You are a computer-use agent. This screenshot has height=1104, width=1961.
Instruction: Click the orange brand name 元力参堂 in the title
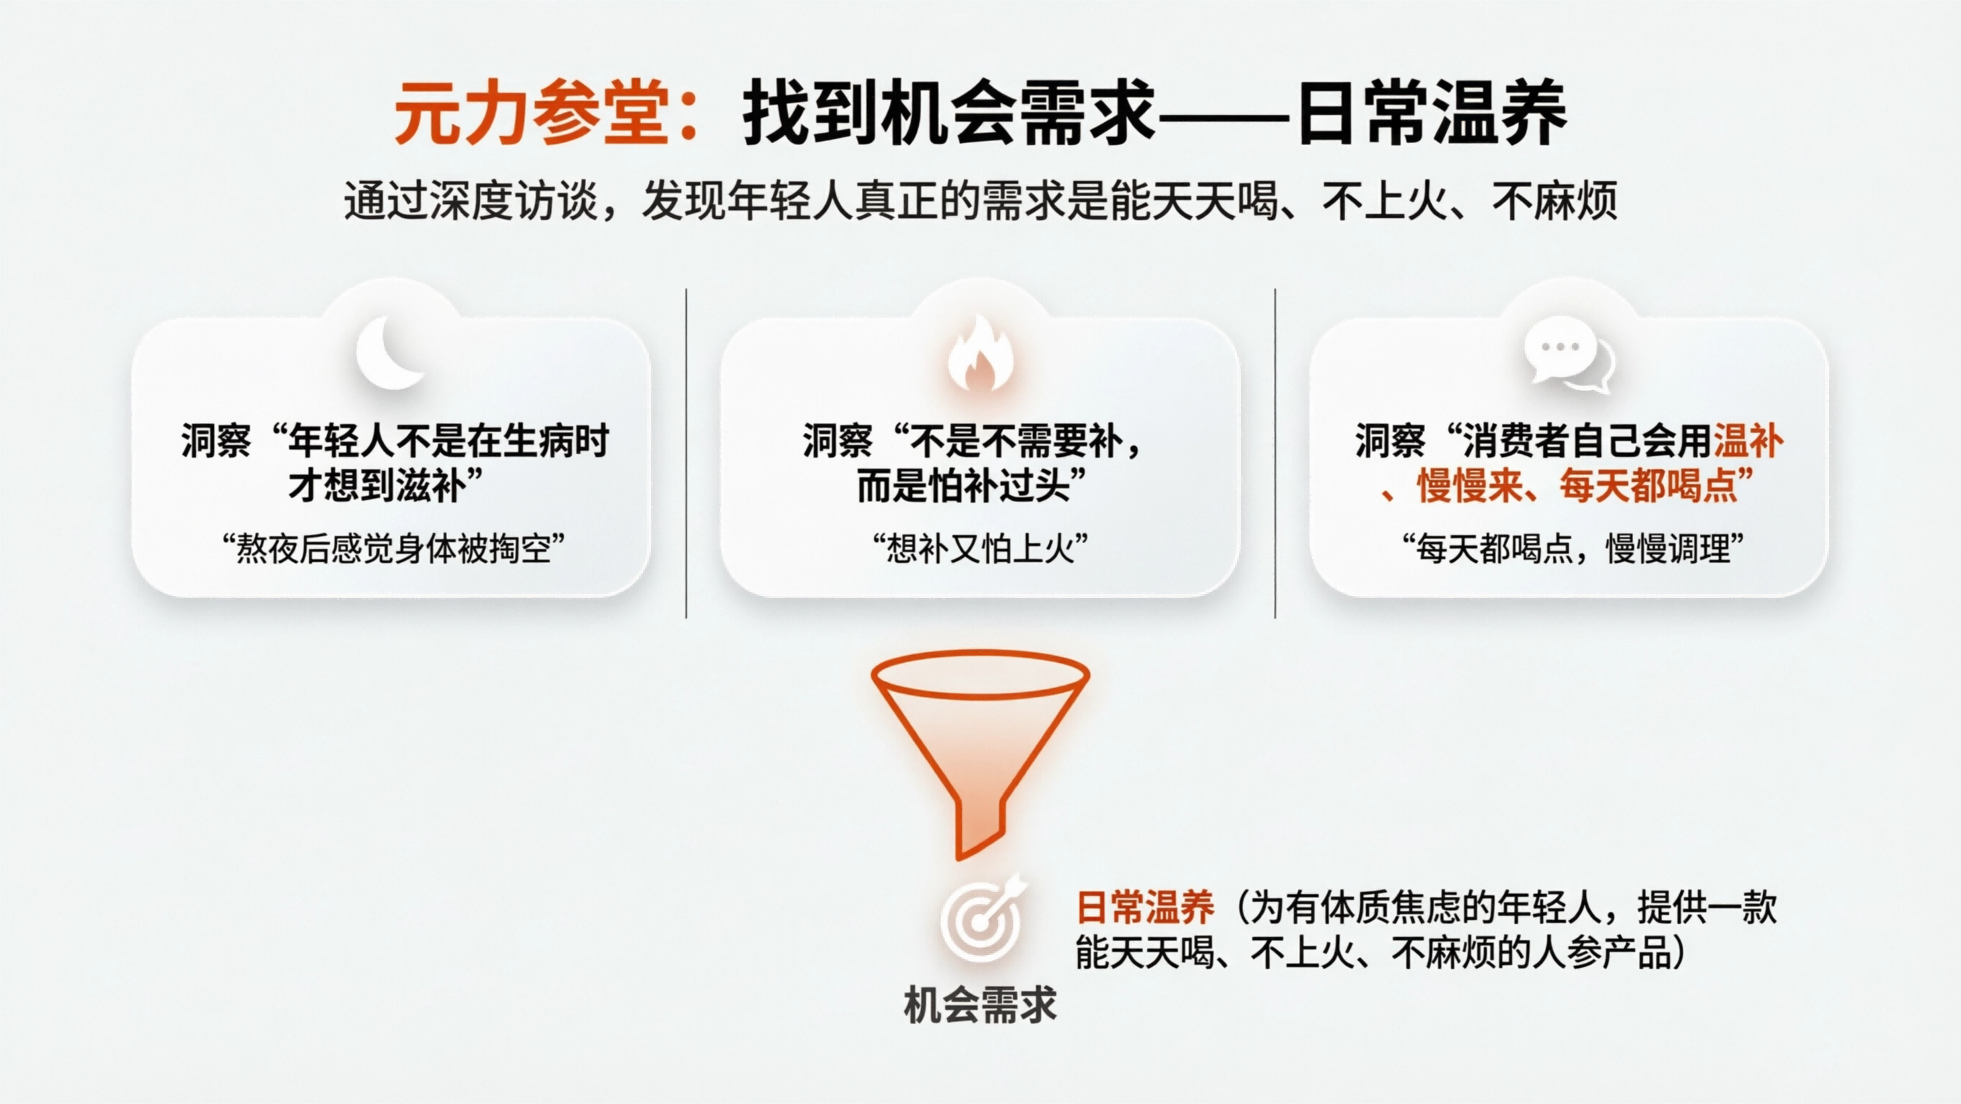pyautogui.click(x=531, y=114)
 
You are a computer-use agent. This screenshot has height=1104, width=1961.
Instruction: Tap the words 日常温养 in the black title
pyautogui.click(x=1431, y=114)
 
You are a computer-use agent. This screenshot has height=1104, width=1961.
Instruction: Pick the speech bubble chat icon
pyautogui.click(x=1568, y=355)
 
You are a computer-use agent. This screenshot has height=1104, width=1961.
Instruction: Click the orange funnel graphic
pyautogui.click(x=980, y=746)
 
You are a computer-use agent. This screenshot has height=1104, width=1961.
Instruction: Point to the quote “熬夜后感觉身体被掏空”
pyautogui.click(x=393, y=548)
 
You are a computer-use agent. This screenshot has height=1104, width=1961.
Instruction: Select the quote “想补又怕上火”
pyautogui.click(x=980, y=548)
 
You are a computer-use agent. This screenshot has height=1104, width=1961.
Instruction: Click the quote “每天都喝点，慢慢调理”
pyautogui.click(x=1573, y=548)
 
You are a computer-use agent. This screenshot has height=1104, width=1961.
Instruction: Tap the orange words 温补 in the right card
pyautogui.click(x=1748, y=442)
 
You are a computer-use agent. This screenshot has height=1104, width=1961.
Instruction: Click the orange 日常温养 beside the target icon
pyautogui.click(x=1145, y=907)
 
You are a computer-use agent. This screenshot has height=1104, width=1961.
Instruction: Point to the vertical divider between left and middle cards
pyautogui.click(x=687, y=453)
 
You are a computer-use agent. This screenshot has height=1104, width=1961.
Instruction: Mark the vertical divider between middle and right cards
pyautogui.click(x=1275, y=453)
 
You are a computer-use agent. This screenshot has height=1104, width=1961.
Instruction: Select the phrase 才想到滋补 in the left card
pyautogui.click(x=376, y=486)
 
